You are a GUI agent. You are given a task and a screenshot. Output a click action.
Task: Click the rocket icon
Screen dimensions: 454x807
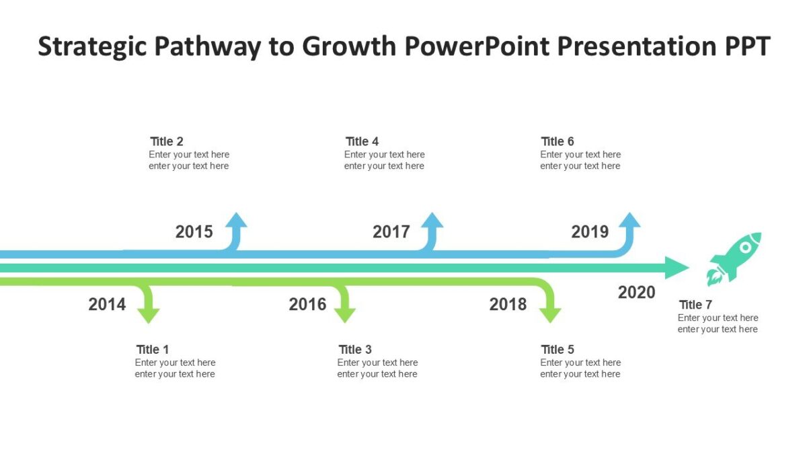tap(734, 258)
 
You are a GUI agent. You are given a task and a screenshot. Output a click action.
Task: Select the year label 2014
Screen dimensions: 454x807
tap(107, 305)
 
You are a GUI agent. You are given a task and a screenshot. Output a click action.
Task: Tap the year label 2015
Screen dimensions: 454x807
tap(194, 232)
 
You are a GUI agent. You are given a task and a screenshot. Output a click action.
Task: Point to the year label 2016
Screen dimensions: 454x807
tap(307, 305)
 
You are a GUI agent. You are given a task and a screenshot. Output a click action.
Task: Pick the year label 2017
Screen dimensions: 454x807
tap(391, 232)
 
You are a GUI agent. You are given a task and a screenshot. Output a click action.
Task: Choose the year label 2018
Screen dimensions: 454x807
tap(508, 305)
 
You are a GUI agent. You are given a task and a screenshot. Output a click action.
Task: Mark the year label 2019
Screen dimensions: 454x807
tap(590, 232)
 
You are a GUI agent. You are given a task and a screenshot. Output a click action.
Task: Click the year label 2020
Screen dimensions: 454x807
tap(636, 293)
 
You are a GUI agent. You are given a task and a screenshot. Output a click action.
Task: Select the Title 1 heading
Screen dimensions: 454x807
tap(152, 350)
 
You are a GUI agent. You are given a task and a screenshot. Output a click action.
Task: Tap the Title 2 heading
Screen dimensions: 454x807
tap(166, 142)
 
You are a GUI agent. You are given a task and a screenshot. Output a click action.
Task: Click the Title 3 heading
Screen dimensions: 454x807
tap(355, 350)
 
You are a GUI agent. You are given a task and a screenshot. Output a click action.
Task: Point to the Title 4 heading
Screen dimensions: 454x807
tap(362, 142)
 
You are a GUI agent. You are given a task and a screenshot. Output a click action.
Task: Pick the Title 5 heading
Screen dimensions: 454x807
tap(558, 350)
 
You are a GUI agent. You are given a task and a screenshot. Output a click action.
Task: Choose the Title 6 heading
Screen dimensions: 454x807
tap(558, 142)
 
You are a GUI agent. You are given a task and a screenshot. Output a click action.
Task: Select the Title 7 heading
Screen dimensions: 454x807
tap(695, 305)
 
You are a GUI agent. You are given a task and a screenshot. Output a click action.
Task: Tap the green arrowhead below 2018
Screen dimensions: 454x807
tap(550, 315)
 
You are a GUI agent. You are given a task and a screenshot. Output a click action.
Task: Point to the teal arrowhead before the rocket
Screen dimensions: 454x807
tap(676, 268)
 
